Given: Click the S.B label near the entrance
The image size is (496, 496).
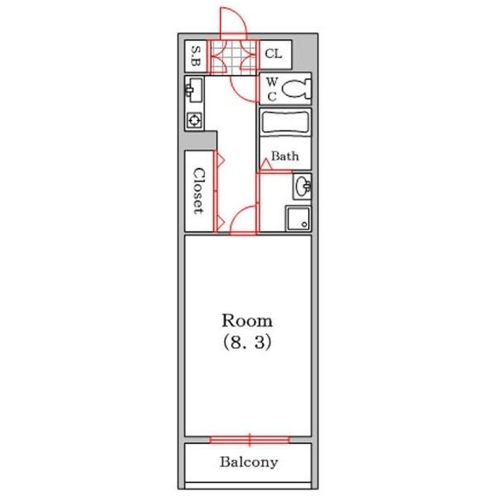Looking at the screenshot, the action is pos(196,56).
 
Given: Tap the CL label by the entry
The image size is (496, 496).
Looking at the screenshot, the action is pos(274,54).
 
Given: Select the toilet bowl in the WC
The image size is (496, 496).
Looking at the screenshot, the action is pos(296,88).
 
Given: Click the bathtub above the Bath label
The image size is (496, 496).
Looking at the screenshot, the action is pos(285,122).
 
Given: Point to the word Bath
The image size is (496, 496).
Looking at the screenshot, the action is pos(284,156).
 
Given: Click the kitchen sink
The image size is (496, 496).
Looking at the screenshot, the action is pos(194,90).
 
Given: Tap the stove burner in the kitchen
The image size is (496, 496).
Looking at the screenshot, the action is pos(194,120).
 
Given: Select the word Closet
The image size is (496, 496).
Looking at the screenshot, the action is pos(198,191).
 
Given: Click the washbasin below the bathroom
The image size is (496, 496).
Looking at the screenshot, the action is pos(303,186).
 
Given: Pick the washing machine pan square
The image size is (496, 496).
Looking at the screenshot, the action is pos(298,218).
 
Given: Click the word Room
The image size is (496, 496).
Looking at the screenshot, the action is pos(247,321).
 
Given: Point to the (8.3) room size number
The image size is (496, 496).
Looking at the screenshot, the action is pos(247,342).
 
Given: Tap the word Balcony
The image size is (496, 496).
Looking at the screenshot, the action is pos(249,462).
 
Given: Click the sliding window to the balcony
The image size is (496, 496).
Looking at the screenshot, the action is pos(250,440).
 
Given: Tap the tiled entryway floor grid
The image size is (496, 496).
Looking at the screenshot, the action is pos(233,57).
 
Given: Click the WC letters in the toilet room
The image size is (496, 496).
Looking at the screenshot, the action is pos(272,89).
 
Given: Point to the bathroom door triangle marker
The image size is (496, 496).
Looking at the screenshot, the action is pos(265,165).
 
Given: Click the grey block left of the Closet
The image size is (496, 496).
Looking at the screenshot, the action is pos(201,141).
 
